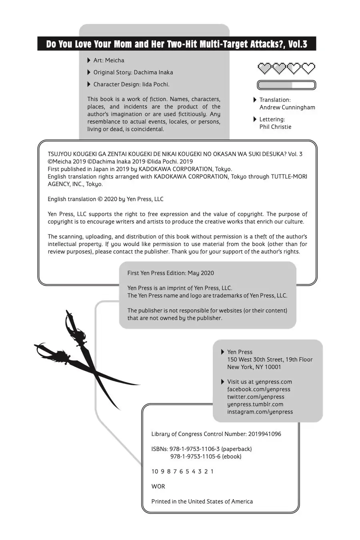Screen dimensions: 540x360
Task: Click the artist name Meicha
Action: click(x=114, y=60)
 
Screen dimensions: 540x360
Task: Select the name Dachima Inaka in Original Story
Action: click(x=153, y=72)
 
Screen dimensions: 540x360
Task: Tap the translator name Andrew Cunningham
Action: click(x=287, y=107)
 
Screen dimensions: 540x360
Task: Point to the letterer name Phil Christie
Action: click(x=275, y=127)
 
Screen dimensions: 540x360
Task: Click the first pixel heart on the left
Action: click(x=264, y=68)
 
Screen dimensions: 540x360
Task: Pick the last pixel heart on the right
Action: click(x=308, y=68)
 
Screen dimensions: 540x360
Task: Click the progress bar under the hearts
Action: click(x=286, y=85)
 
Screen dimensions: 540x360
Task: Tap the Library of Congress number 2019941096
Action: click(x=264, y=434)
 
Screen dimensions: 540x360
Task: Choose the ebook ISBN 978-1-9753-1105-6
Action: click(x=195, y=456)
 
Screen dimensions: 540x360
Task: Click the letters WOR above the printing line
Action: click(x=158, y=486)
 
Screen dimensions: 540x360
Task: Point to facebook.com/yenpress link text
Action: click(x=258, y=389)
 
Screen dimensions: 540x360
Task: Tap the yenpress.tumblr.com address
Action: click(x=255, y=404)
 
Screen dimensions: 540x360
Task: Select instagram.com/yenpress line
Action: click(x=260, y=412)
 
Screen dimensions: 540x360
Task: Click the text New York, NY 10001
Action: click(x=254, y=367)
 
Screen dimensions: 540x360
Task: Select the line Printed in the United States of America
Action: click(x=202, y=502)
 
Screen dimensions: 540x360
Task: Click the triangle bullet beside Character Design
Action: click(x=89, y=84)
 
